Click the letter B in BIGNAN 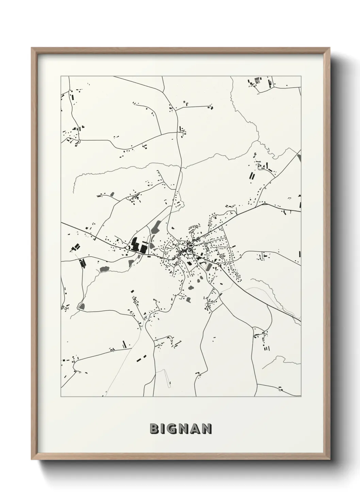tap(154, 429)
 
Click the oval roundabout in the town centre tap(191, 245)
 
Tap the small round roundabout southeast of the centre tap(218, 264)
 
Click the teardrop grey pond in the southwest tap(82, 306)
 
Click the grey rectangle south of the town tap(188, 300)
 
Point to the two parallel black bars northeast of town tap(252, 176)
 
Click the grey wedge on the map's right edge tap(299, 158)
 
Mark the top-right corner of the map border tap(301, 77)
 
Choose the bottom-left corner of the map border tap(61, 397)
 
